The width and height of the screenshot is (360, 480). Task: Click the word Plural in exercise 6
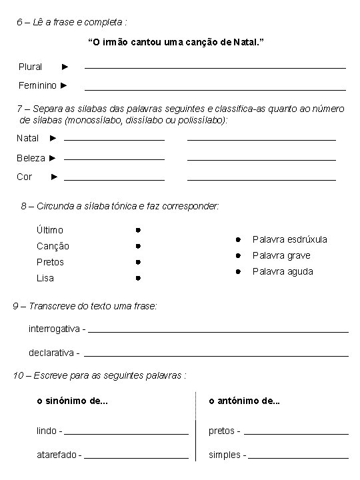pos(30,67)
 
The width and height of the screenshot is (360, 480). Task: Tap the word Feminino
pos(37,85)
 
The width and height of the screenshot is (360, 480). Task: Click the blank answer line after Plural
pos(215,67)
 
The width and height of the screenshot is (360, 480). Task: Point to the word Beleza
pos(31,158)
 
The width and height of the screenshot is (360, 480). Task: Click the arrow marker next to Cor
pos(54,177)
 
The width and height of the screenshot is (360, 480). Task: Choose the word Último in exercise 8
pos(50,230)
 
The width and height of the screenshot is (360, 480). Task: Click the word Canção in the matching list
pos(53,246)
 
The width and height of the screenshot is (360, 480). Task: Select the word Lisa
pos(45,278)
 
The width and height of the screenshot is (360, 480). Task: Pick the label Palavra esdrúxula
pos(289,239)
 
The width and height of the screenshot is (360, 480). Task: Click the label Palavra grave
pos(281,255)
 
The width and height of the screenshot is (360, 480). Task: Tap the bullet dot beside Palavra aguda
pos(237,271)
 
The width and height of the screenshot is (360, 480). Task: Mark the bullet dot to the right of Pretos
pos(135,262)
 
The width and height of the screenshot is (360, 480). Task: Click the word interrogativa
pos(55,329)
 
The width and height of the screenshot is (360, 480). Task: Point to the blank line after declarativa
pos(216,353)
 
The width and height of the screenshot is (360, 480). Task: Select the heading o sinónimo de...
pos(72,401)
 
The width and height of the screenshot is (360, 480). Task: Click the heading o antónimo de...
pos(244,401)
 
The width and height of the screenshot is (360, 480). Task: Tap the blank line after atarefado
pos(136,457)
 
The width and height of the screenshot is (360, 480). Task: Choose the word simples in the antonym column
pos(225,455)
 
